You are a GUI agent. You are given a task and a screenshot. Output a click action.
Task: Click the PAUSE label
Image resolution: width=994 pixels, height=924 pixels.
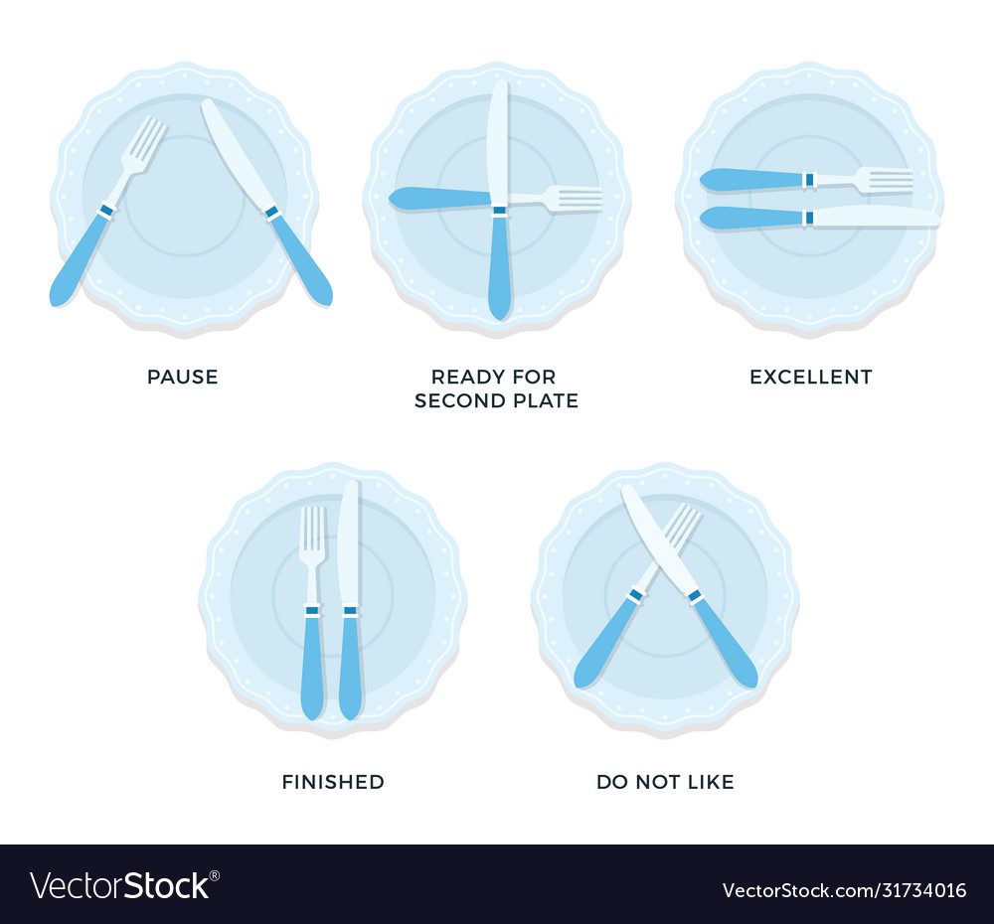point(183,377)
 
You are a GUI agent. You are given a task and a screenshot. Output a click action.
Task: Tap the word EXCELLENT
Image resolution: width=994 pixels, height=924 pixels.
point(810,377)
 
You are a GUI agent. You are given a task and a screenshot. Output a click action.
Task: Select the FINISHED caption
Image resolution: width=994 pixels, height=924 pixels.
point(333,782)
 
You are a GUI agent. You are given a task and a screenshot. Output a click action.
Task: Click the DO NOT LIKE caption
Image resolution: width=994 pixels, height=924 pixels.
point(665,782)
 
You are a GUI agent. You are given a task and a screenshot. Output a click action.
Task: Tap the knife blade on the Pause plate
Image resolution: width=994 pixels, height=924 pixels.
point(235,154)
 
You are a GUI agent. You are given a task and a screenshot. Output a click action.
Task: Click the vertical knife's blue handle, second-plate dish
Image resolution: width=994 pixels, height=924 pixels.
point(500,268)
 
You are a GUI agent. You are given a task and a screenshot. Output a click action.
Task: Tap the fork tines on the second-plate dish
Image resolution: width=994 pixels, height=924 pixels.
point(577,199)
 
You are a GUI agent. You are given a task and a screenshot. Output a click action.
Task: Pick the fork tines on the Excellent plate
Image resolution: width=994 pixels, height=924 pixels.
point(887,180)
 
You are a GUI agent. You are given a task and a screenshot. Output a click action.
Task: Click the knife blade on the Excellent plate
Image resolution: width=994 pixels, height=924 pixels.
point(875,218)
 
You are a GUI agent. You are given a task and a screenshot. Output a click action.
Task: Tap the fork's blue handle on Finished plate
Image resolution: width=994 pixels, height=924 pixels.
point(313,666)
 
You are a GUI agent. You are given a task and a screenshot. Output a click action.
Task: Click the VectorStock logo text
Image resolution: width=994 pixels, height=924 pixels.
point(124,885)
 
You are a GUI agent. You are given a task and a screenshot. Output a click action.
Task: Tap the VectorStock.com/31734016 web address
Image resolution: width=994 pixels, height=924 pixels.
point(844,889)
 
